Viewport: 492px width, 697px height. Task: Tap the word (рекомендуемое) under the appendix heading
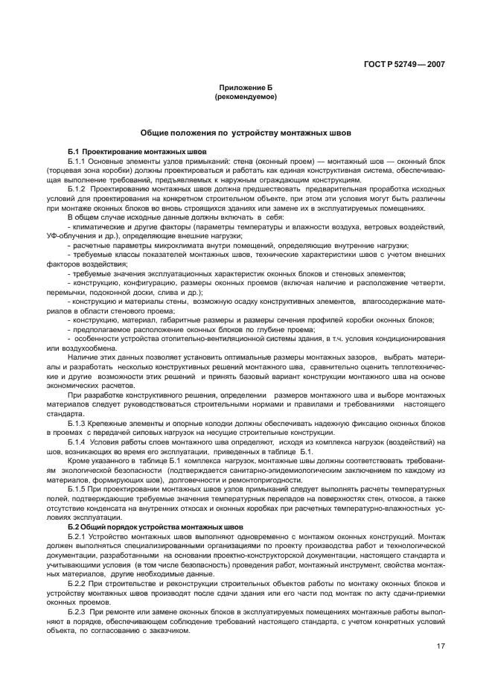point(246,97)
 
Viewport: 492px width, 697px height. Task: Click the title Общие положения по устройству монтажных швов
point(246,133)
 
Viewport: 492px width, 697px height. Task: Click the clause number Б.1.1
point(77,161)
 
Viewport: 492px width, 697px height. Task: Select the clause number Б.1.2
point(77,189)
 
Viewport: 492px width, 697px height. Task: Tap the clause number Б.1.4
point(77,441)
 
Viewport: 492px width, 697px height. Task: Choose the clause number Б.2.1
point(77,535)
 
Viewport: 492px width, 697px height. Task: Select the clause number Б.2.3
point(77,611)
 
